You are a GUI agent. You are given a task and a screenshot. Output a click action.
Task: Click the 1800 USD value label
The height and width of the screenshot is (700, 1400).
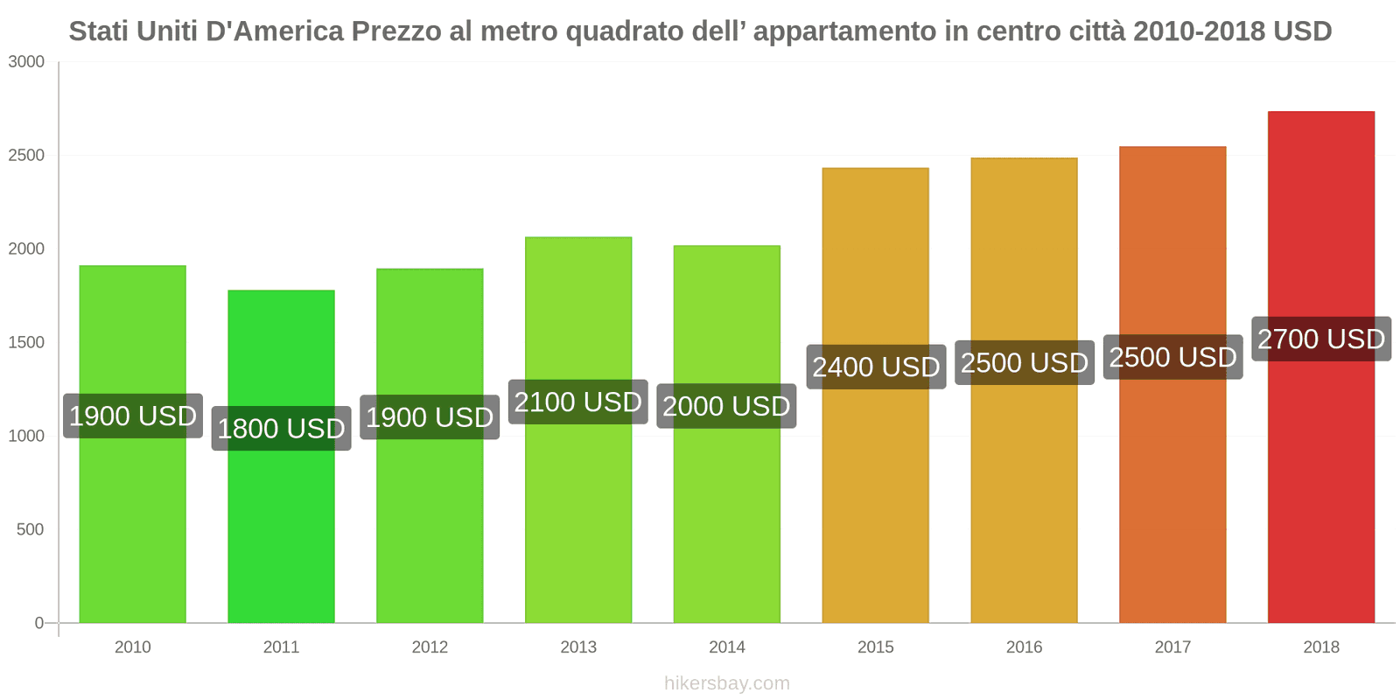point(281,429)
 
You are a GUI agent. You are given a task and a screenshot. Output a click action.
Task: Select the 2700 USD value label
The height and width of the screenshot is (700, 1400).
point(1321,339)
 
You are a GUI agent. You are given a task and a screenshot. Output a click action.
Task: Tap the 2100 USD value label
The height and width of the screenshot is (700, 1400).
point(577,402)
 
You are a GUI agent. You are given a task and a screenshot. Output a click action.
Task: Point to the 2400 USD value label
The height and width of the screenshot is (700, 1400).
point(876,367)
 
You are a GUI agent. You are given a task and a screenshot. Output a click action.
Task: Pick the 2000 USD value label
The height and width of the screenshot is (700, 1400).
point(726,406)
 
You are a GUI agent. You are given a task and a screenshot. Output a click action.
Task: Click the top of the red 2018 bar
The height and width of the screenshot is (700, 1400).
point(1321,113)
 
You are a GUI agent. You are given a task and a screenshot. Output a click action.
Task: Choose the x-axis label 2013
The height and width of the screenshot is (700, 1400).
point(577,647)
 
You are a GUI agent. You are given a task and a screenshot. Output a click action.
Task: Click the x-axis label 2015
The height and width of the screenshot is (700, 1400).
point(876,647)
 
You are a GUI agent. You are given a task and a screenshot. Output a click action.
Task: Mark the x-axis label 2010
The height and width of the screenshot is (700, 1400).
point(132,647)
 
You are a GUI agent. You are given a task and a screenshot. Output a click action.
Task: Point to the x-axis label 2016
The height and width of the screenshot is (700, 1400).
point(1024,647)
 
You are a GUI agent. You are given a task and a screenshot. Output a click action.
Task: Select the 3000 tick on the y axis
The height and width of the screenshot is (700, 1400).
point(26,62)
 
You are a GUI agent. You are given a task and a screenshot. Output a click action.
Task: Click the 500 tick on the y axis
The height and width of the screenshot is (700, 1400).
point(30,529)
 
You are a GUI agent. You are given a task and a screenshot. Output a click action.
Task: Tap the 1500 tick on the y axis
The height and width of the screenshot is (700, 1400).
point(26,342)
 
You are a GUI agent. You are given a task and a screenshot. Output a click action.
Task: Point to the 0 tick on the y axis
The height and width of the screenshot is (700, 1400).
point(38,623)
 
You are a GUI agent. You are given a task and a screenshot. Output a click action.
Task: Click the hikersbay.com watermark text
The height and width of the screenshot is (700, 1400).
point(726,683)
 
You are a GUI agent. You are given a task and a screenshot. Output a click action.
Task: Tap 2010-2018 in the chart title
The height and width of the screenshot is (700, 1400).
point(1199,31)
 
